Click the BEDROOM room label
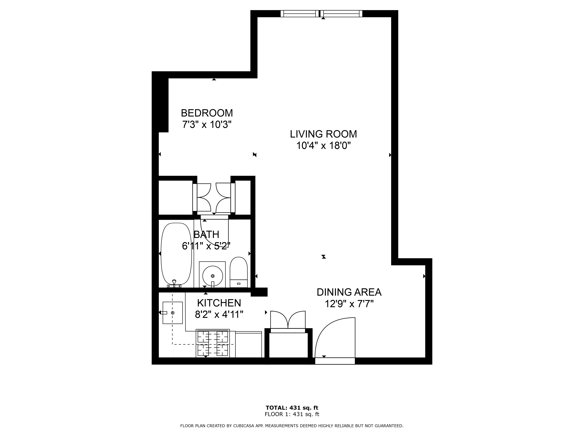pyautogui.click(x=207, y=113)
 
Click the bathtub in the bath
pyautogui.click(x=176, y=254)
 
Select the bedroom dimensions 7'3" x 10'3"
pyautogui.click(x=207, y=124)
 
